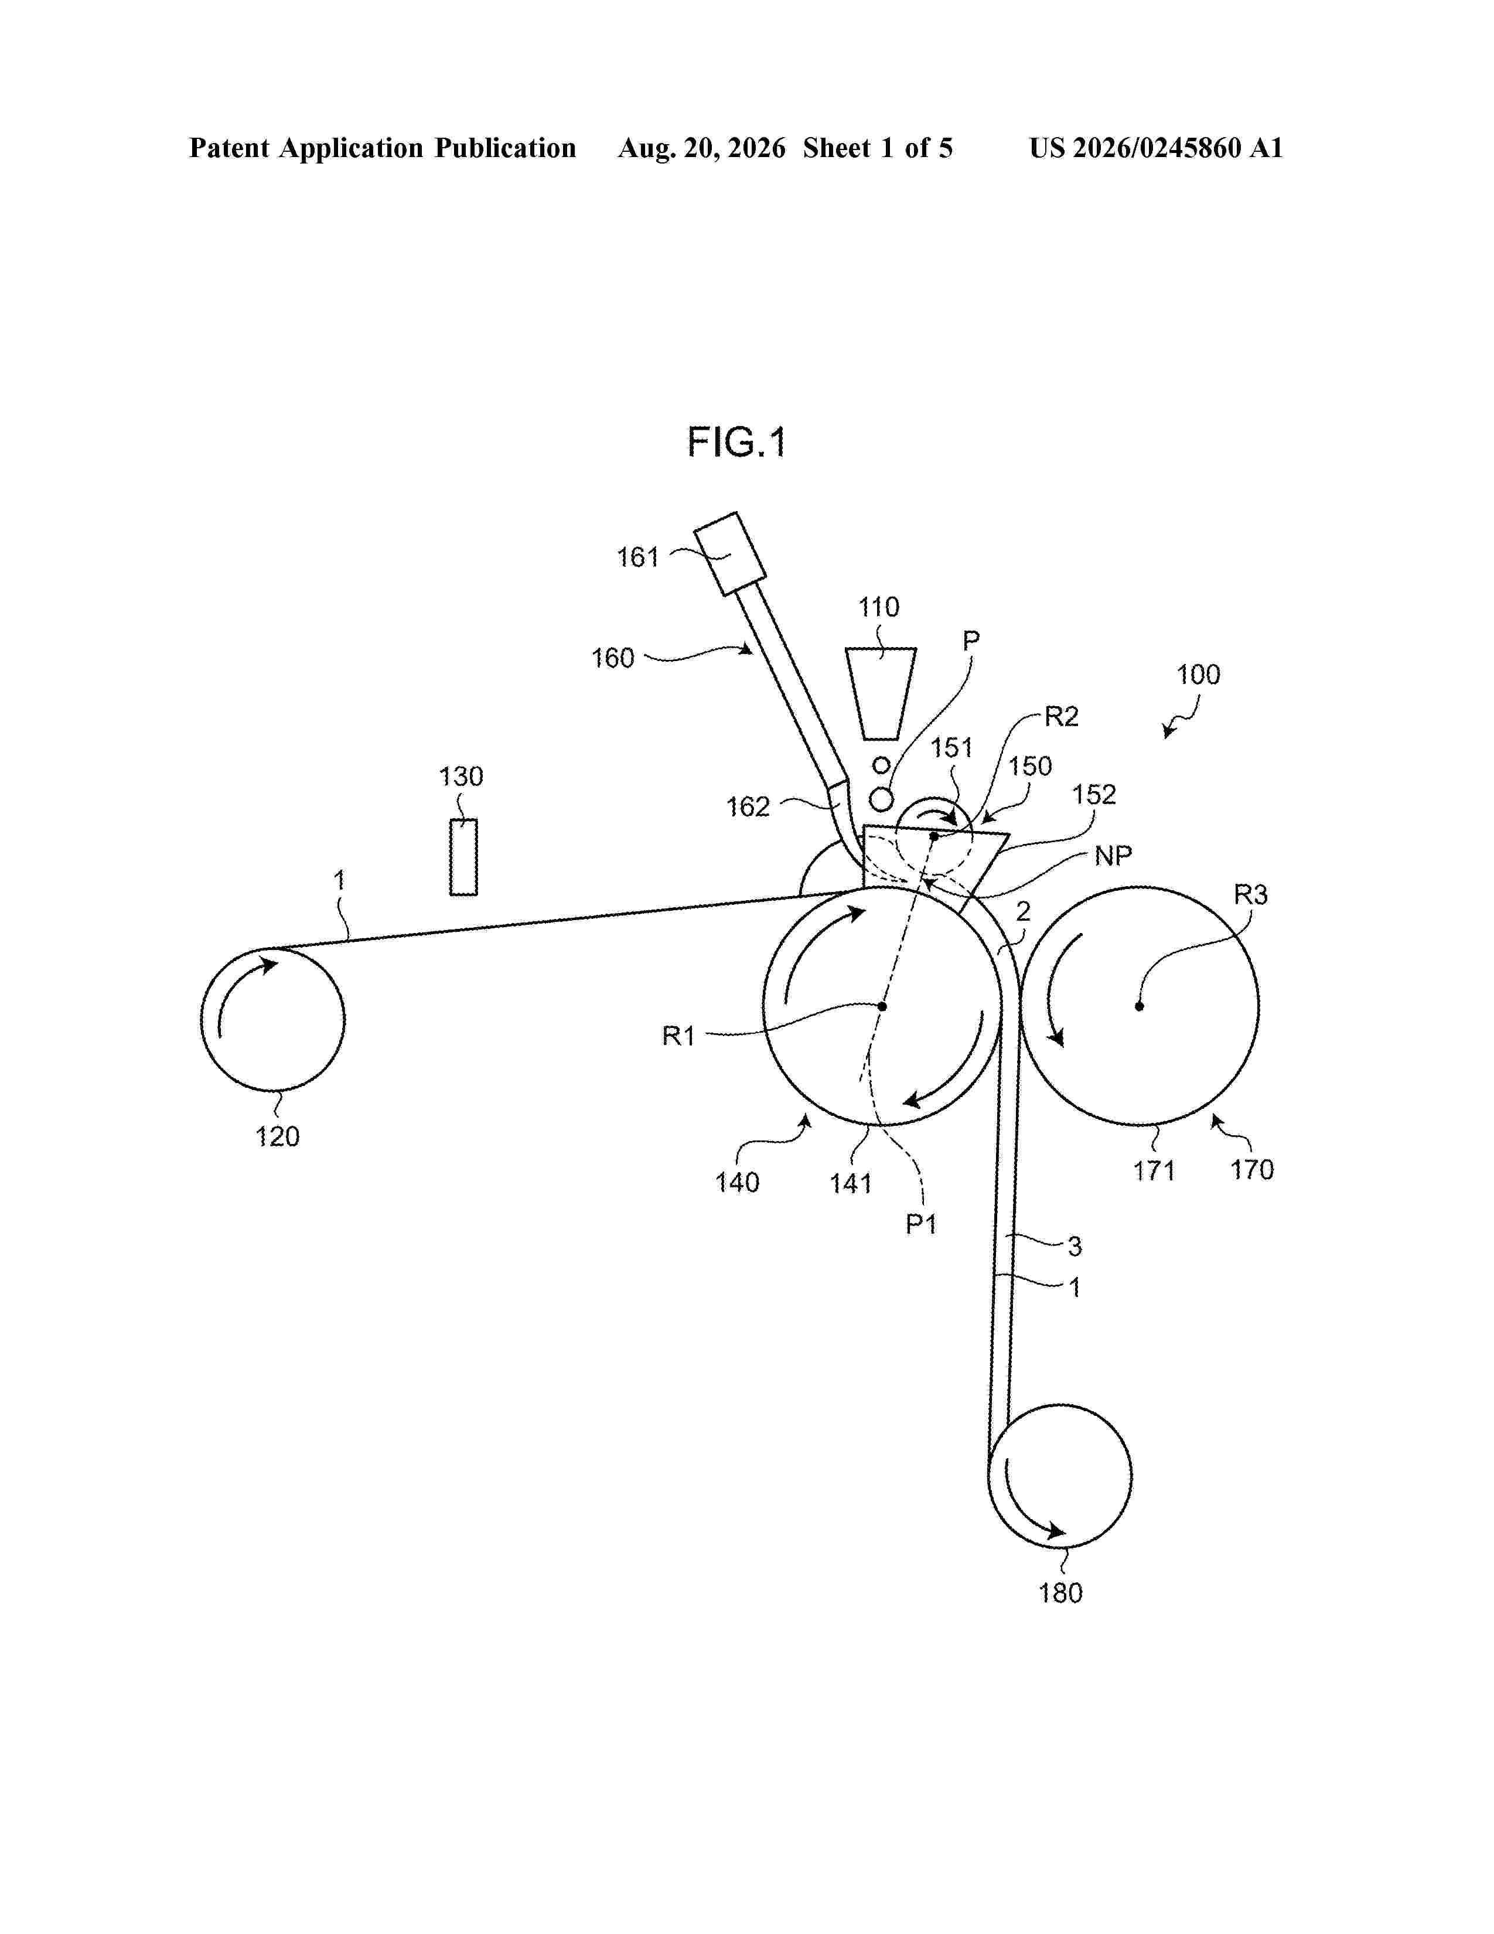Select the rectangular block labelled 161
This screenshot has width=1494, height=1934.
pos(730,553)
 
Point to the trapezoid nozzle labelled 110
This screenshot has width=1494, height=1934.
pos(880,693)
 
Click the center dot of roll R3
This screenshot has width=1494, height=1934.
pos(1139,1006)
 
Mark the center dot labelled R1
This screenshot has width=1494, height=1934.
pos(882,1006)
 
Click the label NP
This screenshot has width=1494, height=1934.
pos(1113,856)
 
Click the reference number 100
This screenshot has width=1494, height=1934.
pos(1198,675)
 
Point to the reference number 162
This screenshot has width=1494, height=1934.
pos(748,807)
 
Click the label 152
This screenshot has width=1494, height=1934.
pos(1094,794)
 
